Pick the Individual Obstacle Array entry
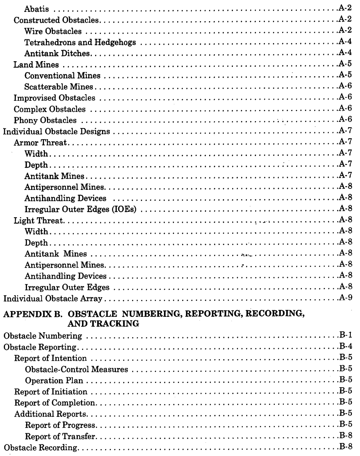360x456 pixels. coord(51,299)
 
